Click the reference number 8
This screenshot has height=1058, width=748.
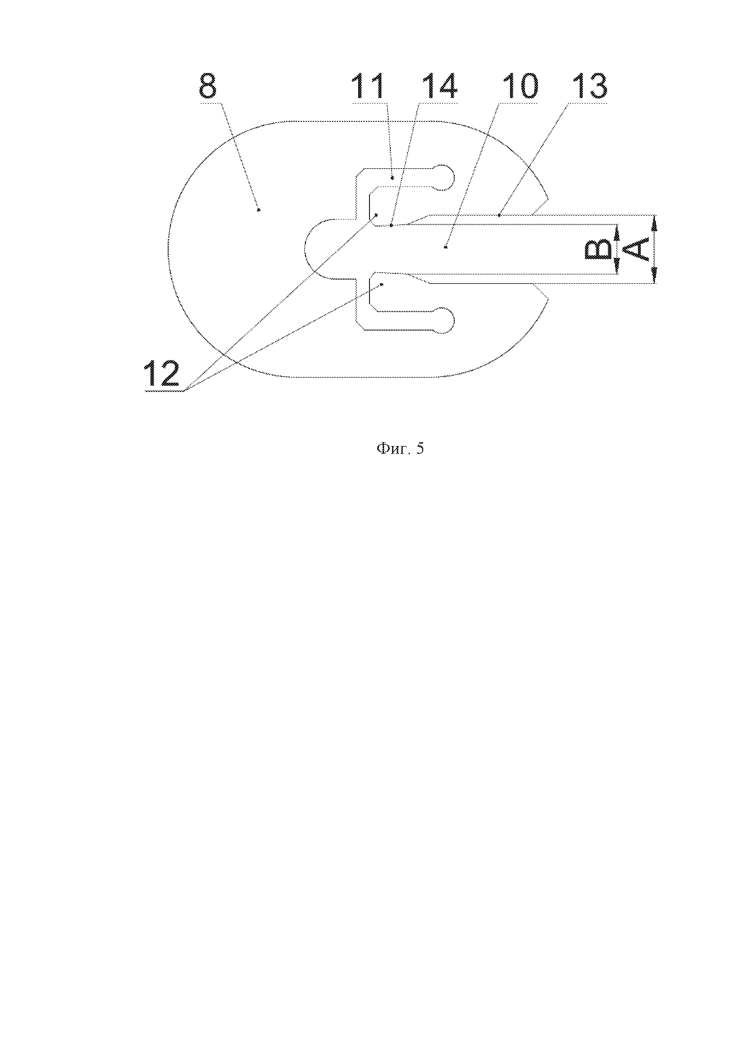[208, 86]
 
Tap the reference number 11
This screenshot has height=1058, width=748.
[368, 86]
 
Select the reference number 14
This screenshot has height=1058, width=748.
[440, 86]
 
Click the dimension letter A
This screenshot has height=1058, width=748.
[638, 249]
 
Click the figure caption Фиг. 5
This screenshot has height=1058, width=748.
[400, 448]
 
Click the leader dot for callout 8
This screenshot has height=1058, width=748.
[259, 210]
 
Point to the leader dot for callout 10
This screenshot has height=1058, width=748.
[446, 247]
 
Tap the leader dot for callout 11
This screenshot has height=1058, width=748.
[393, 177]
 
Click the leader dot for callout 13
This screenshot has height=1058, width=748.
[499, 215]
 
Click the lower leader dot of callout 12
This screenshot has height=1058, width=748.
[382, 285]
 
